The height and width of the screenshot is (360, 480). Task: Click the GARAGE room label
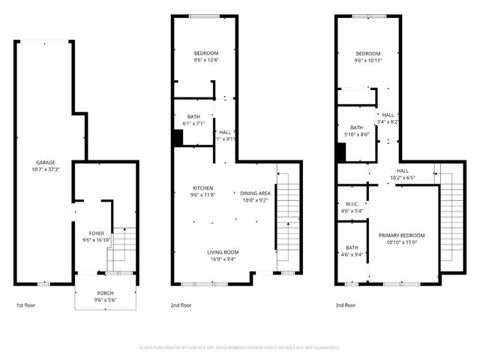[46, 162]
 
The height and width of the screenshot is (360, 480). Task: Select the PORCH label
[106, 292]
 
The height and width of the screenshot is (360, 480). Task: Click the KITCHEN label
[203, 187]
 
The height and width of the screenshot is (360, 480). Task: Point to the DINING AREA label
[255, 193]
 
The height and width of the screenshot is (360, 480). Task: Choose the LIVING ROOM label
[223, 252]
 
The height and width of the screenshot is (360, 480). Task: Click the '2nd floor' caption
[181, 305]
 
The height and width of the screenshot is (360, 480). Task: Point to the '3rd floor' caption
[345, 305]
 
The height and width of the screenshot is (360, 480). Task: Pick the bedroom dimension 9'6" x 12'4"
[205, 60]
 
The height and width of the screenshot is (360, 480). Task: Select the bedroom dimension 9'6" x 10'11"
[368, 60]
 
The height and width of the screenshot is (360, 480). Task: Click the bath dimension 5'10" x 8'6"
[356, 134]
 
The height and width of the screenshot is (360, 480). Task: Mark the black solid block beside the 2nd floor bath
[178, 139]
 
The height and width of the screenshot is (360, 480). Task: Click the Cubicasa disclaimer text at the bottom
[240, 348]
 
